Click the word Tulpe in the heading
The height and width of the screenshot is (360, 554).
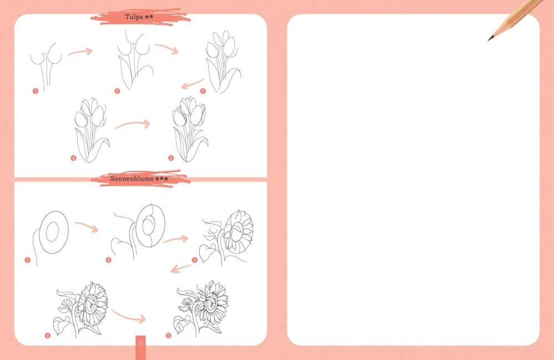pyautogui.click(x=134, y=17)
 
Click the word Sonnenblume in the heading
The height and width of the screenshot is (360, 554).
pyautogui.click(x=132, y=178)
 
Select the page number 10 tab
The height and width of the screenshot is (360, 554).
pyautogui.click(x=141, y=347)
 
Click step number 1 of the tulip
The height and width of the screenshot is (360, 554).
pyautogui.click(x=36, y=91)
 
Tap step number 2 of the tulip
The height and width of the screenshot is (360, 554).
pyautogui.click(x=117, y=91)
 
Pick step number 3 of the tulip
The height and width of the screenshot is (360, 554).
pyautogui.click(x=203, y=91)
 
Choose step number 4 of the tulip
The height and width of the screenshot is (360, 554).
pyautogui.click(x=73, y=158)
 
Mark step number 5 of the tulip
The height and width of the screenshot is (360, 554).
pyautogui.click(x=171, y=158)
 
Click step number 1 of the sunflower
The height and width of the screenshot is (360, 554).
pyautogui.click(x=28, y=261)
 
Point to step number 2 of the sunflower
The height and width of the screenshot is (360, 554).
pyautogui.click(x=108, y=261)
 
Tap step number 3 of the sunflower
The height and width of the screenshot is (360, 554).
pyautogui.click(x=194, y=261)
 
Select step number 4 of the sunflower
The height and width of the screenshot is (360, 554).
pyautogui.click(x=48, y=335)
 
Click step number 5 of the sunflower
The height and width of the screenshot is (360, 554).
pyautogui.click(x=168, y=335)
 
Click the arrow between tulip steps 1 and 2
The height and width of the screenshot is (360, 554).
pyautogui.click(x=81, y=52)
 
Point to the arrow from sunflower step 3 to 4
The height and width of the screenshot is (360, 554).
pyautogui.click(x=181, y=269)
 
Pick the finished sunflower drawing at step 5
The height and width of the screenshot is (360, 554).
pyautogui.click(x=201, y=308)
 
